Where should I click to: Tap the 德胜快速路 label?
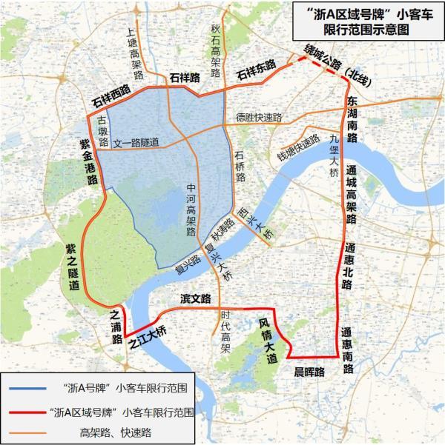coord(260,118)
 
